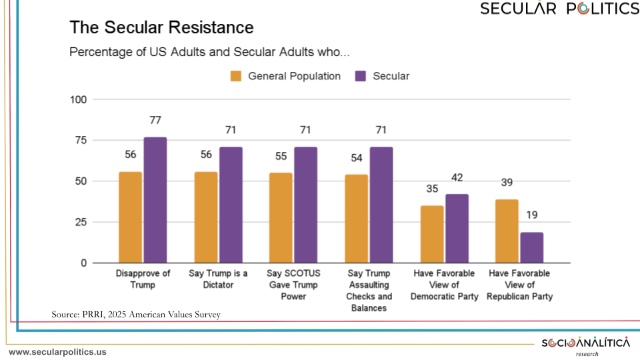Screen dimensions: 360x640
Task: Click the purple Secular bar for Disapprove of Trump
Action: (x=155, y=200)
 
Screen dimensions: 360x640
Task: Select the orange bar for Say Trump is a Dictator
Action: (x=206, y=217)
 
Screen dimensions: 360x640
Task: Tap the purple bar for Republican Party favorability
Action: (x=531, y=247)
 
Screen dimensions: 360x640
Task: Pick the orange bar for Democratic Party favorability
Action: (x=432, y=234)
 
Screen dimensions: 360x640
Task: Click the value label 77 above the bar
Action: (x=155, y=120)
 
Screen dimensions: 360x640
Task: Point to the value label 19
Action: (x=531, y=215)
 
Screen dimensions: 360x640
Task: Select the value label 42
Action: (x=457, y=177)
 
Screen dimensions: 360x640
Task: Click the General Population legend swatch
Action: (x=236, y=76)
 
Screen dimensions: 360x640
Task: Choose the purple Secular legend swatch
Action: (x=361, y=76)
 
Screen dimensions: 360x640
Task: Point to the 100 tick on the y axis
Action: (x=79, y=99)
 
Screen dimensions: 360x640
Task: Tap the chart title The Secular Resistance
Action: (x=161, y=27)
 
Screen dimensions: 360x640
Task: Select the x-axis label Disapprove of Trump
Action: (x=143, y=279)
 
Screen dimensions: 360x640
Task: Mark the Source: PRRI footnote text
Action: (x=135, y=314)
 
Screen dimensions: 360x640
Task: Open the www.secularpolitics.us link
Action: (x=57, y=352)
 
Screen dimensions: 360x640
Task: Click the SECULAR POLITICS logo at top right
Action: (x=559, y=9)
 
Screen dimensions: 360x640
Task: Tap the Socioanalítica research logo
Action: (x=585, y=345)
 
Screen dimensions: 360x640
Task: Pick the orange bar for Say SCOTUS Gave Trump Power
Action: (x=281, y=217)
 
